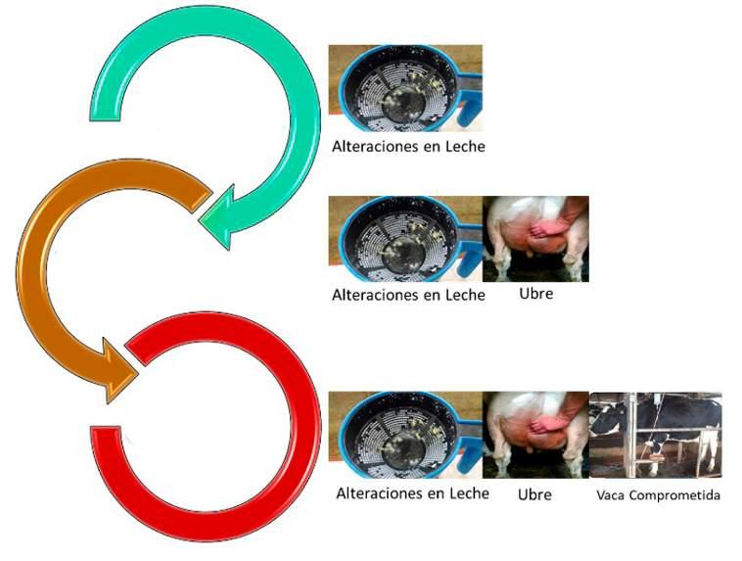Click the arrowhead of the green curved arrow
[221, 215]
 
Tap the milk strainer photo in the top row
[405, 88]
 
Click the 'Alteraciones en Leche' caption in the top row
[408, 147]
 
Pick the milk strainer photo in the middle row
[405, 239]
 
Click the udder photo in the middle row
[535, 239]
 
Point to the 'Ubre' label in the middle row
[536, 293]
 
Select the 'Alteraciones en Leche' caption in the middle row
[408, 294]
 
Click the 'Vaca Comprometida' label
[658, 495]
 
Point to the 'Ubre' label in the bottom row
[534, 494]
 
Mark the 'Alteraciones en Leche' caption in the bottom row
[412, 493]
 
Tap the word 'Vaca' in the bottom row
[611, 495]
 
